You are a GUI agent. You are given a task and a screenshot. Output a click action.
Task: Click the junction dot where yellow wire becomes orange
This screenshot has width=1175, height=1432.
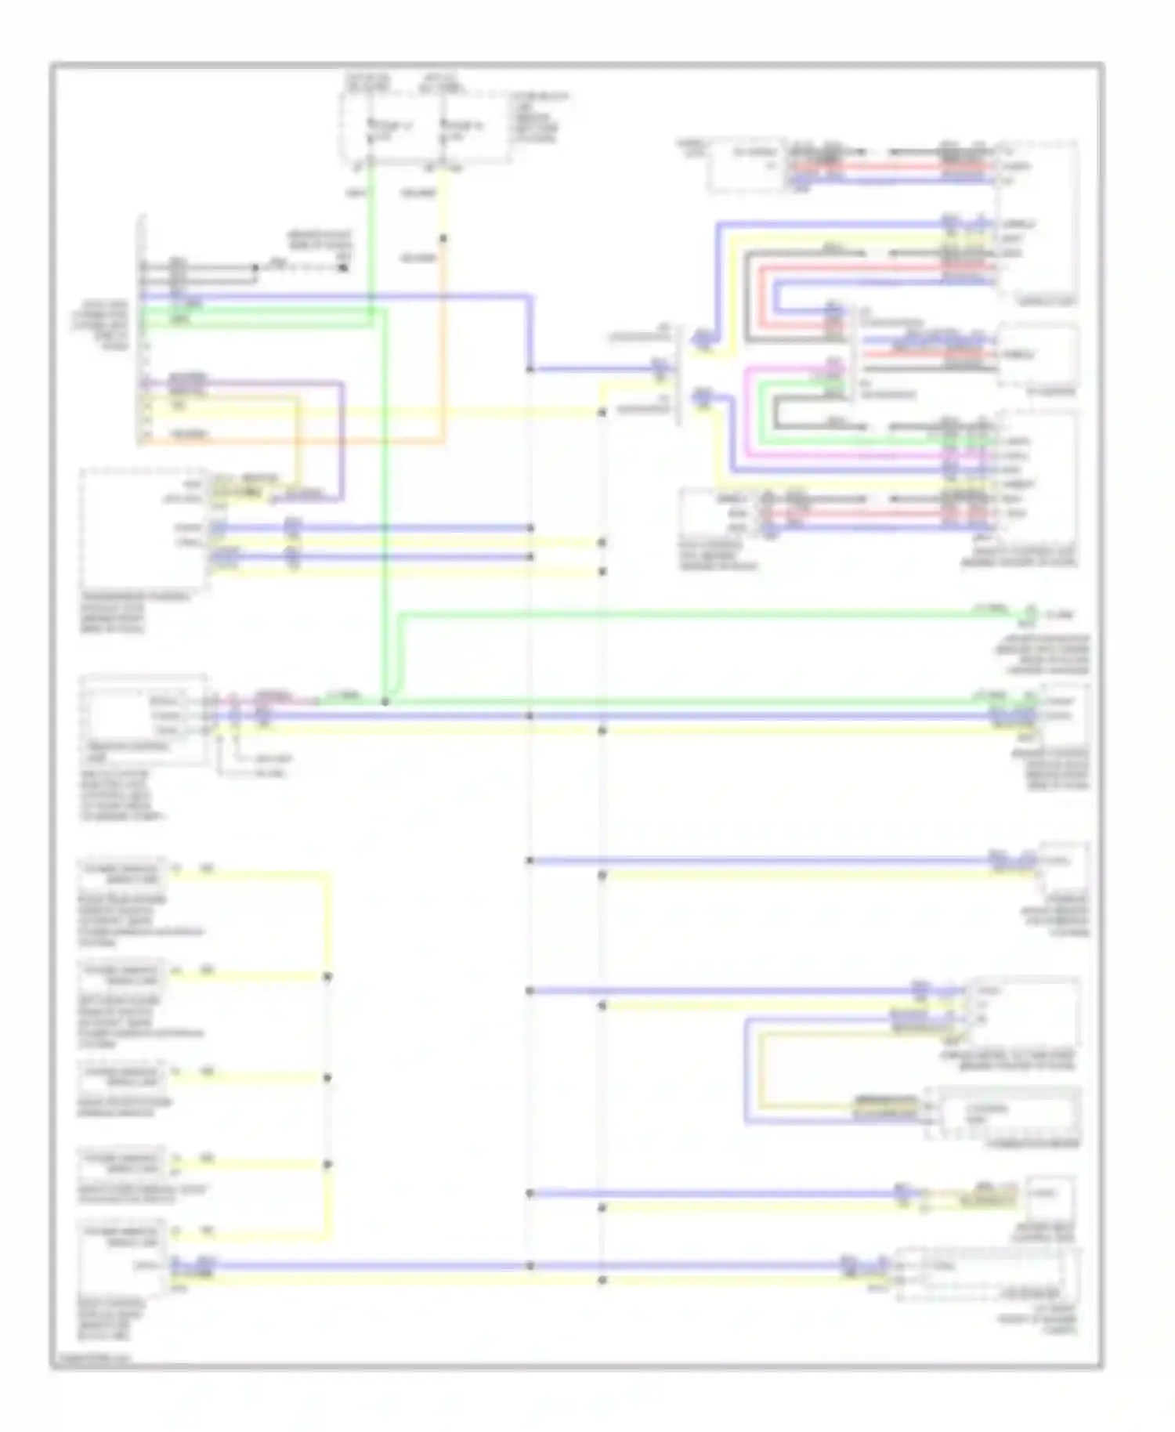[443, 238]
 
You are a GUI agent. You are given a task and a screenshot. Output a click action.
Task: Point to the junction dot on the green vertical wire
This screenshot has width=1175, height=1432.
[385, 702]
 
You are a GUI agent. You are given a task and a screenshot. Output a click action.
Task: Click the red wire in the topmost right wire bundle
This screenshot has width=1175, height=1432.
[893, 167]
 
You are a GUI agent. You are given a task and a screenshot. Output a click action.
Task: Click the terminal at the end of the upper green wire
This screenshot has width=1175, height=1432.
[1031, 615]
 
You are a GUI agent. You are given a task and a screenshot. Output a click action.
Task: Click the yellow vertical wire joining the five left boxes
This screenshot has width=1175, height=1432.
[328, 1058]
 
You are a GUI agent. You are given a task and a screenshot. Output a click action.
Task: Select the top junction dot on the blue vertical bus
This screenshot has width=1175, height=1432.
[530, 369]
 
